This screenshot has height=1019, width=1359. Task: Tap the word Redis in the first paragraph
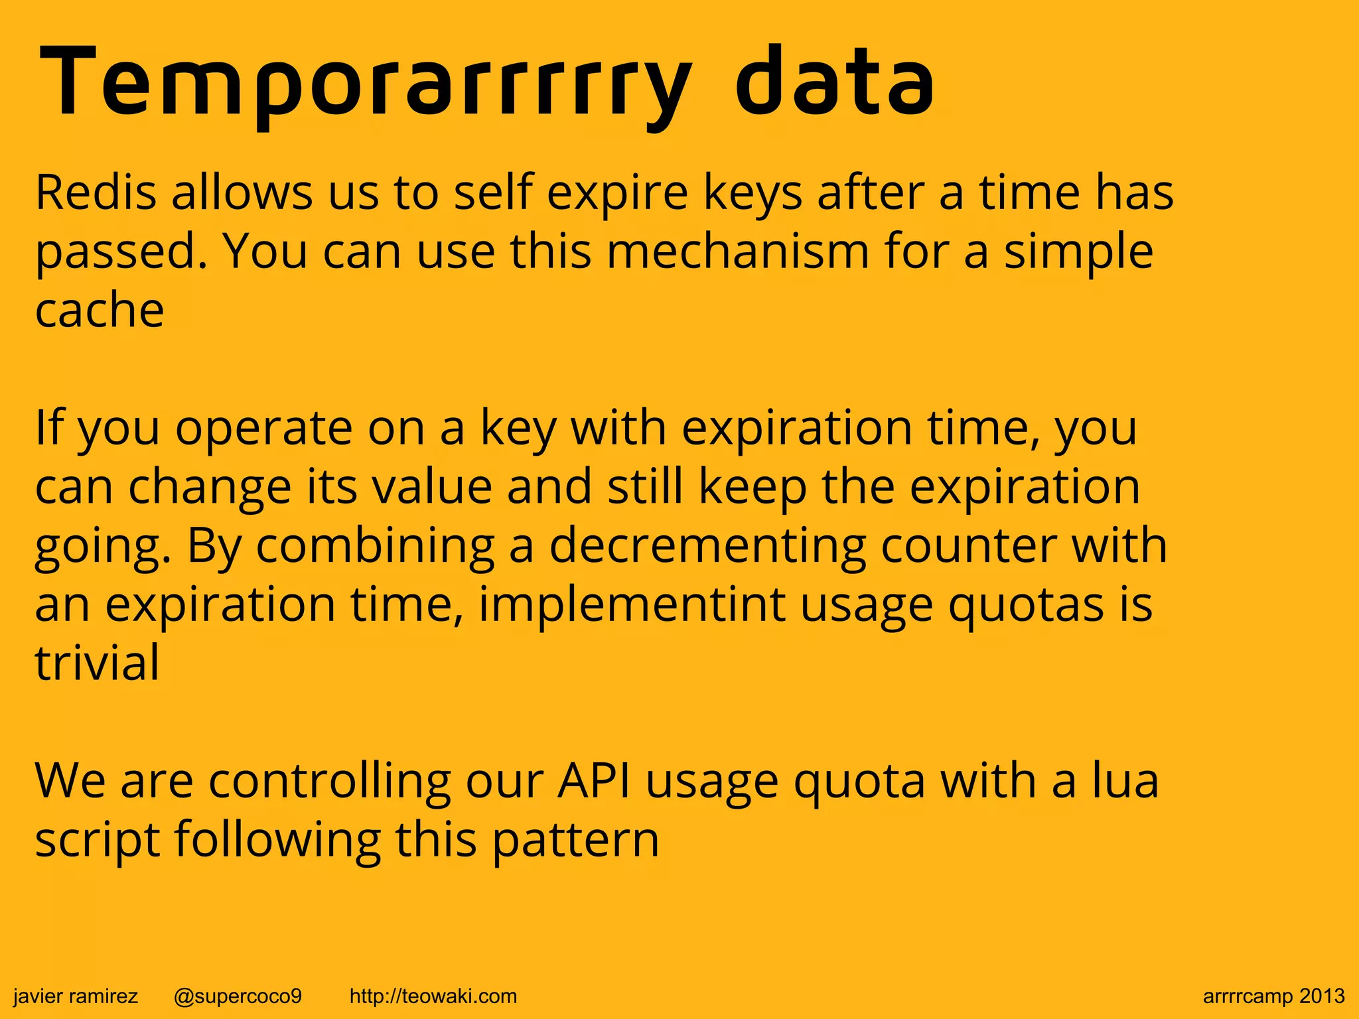96,192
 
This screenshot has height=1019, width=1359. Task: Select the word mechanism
737,252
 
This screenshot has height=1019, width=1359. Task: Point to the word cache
100,310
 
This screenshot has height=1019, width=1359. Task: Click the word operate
263,428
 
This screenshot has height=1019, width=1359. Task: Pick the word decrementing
707,545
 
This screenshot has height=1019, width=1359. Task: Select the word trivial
97,663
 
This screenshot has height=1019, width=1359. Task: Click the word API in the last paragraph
594,781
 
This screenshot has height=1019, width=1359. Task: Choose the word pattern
576,840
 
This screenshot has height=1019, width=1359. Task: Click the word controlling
329,781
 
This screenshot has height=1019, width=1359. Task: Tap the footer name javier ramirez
76,996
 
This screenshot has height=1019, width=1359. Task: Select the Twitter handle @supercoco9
238,996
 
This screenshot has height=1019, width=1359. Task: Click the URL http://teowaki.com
433,996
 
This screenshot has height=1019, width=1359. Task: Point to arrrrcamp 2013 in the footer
1273,996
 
